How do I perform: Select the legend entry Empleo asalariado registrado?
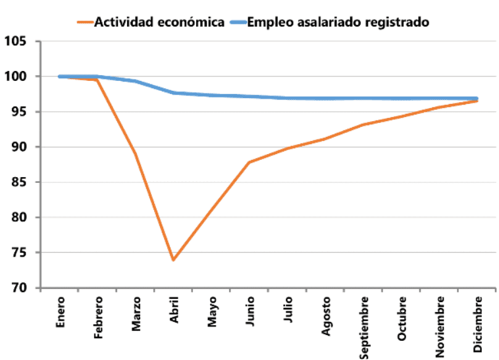(338, 22)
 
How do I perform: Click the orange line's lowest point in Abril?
(173, 260)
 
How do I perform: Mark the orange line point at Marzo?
(135, 153)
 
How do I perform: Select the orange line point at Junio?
(249, 162)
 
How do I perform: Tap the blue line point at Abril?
(173, 93)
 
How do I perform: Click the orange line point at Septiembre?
(363, 124)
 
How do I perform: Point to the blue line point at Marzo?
(135, 81)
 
